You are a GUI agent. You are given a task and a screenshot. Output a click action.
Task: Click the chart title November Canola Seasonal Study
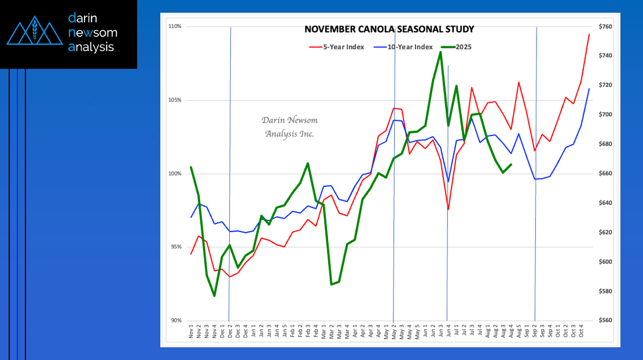tap(389, 29)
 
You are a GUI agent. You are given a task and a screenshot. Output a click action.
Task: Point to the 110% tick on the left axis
tap(175, 27)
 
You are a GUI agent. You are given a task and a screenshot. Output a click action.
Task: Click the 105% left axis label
tap(175, 100)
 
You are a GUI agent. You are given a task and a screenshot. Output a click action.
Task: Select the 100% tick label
tap(175, 174)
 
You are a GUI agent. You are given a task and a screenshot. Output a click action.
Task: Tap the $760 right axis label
tap(605, 27)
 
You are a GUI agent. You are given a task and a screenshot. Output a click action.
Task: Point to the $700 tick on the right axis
tap(605, 115)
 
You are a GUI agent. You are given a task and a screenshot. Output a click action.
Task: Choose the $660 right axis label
tap(605, 174)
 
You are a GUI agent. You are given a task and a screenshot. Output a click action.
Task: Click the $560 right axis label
tap(605, 321)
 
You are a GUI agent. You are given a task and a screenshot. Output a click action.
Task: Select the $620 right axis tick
tap(605, 233)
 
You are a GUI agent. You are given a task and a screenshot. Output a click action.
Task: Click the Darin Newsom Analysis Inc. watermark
tap(289, 127)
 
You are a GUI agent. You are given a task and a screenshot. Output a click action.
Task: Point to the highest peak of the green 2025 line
tap(440, 52)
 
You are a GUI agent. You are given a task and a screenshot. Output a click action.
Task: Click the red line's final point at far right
tap(589, 34)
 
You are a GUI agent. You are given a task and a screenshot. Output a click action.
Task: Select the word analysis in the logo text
tap(91, 47)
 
